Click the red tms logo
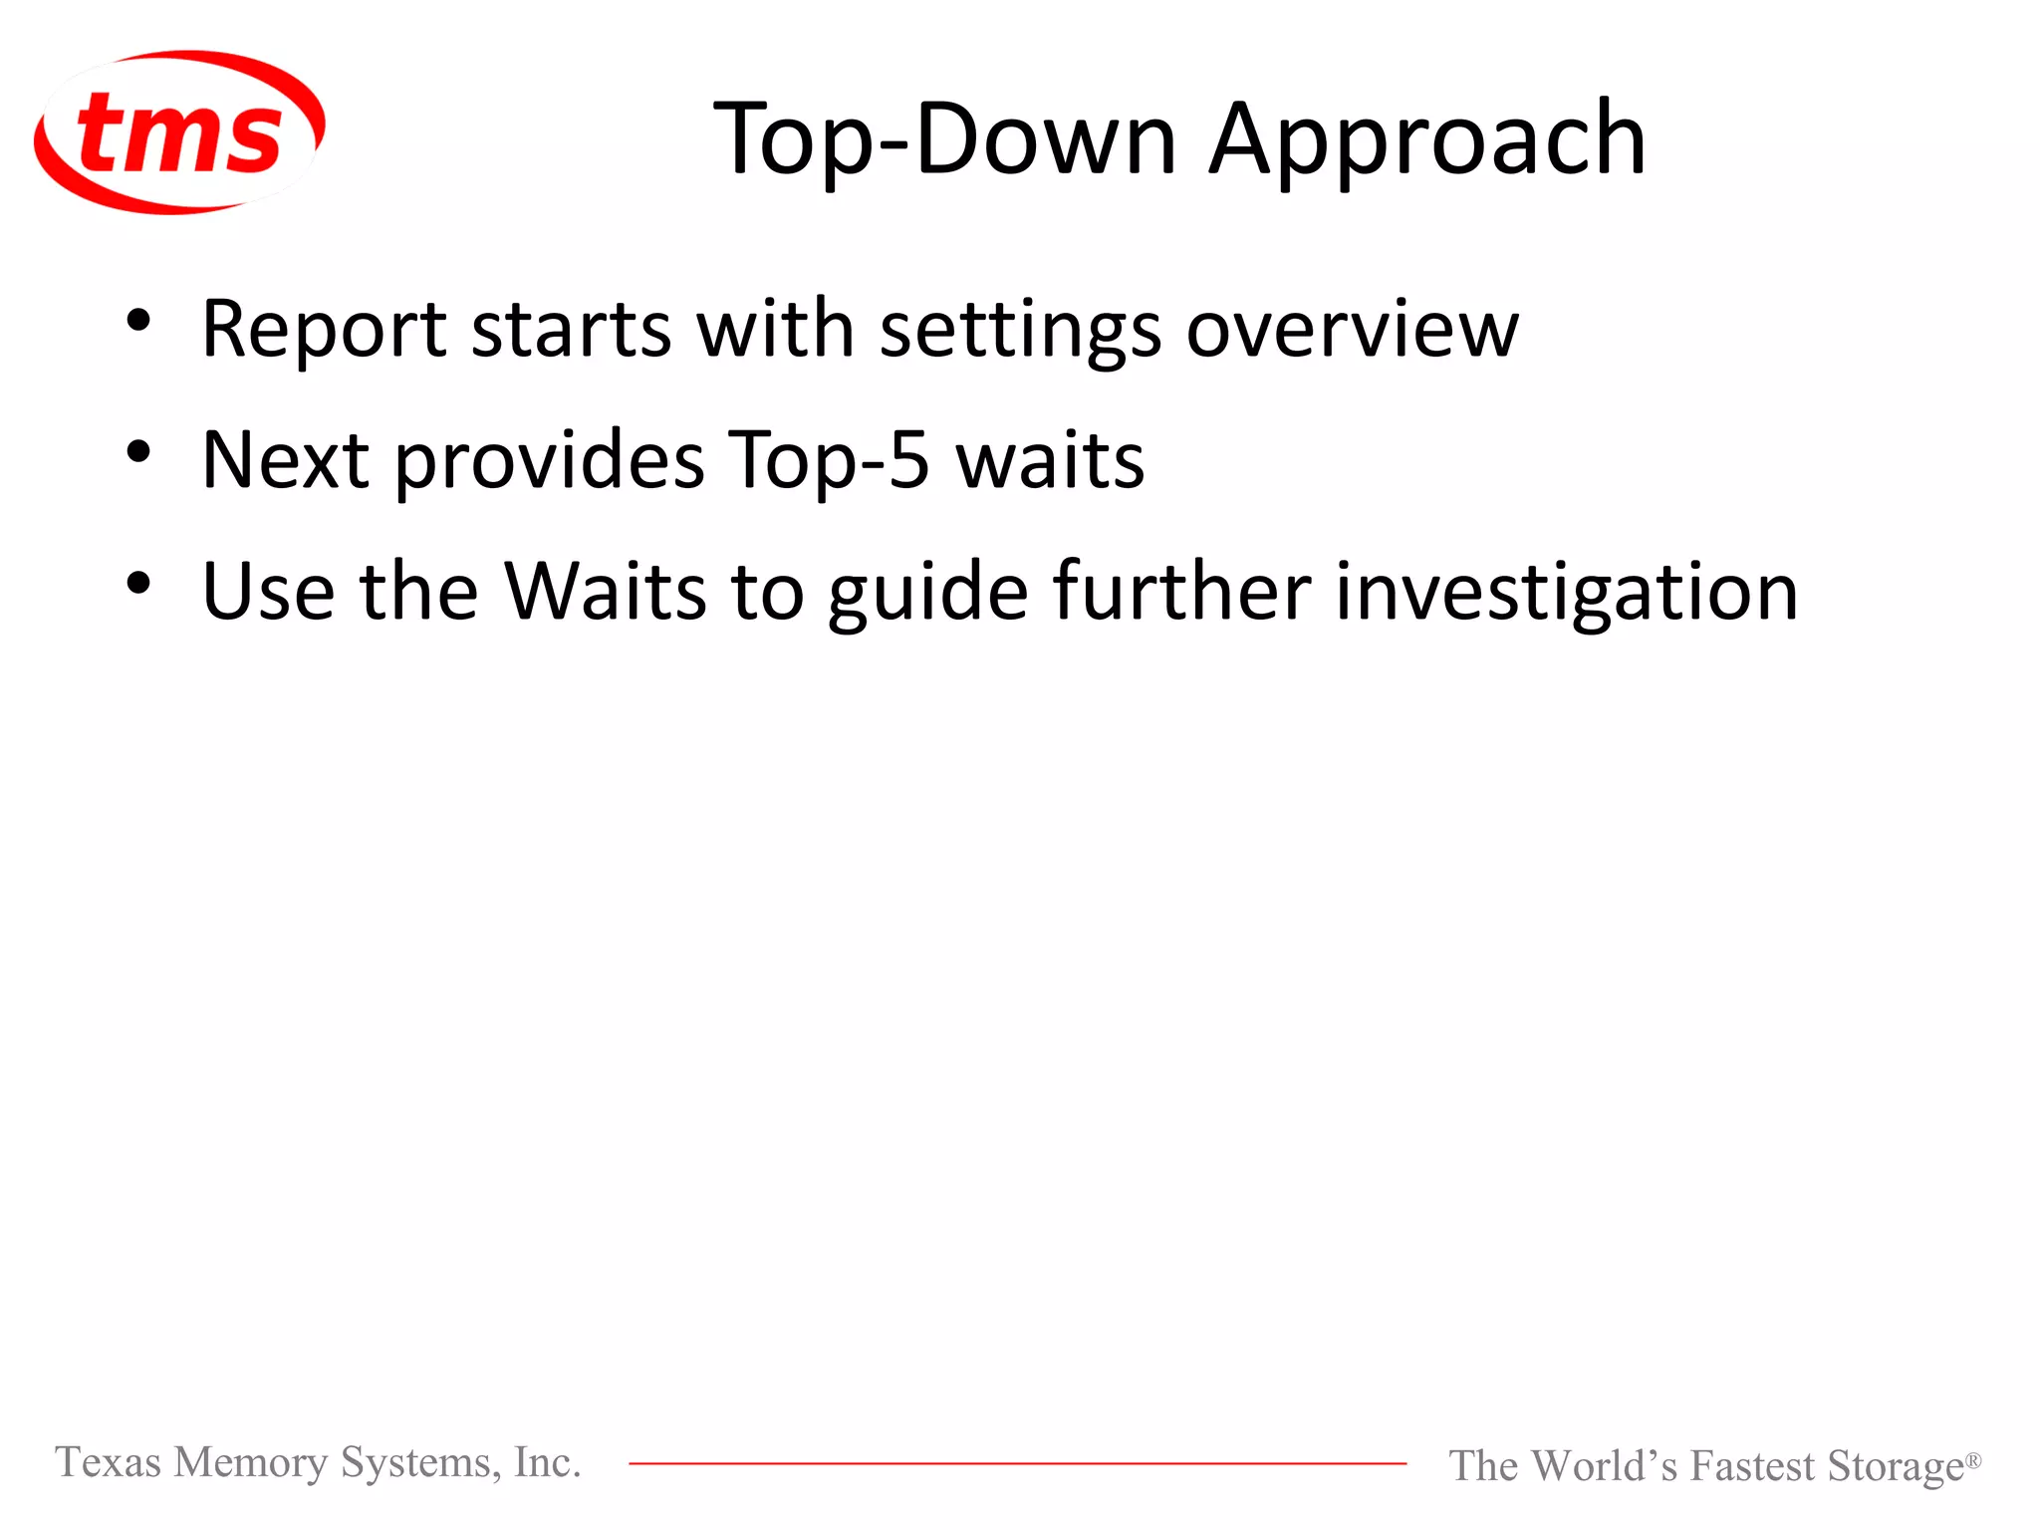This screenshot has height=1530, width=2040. [x=179, y=132]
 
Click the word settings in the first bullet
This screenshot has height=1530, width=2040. [x=1020, y=331]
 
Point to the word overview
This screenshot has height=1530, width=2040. [x=1353, y=329]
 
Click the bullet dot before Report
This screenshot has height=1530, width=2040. [x=138, y=321]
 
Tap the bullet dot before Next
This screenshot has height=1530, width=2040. [x=138, y=452]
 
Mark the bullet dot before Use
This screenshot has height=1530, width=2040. [x=138, y=584]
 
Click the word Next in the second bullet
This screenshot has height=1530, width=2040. [x=286, y=460]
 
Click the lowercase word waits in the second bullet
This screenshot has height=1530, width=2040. [x=1050, y=460]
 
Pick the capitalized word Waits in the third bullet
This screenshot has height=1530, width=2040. [x=604, y=592]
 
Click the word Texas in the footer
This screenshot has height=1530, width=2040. [x=108, y=1462]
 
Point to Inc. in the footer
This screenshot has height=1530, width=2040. [x=547, y=1462]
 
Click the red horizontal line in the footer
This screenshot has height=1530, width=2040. [x=1016, y=1463]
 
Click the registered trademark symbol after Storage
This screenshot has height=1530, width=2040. [x=1972, y=1459]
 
